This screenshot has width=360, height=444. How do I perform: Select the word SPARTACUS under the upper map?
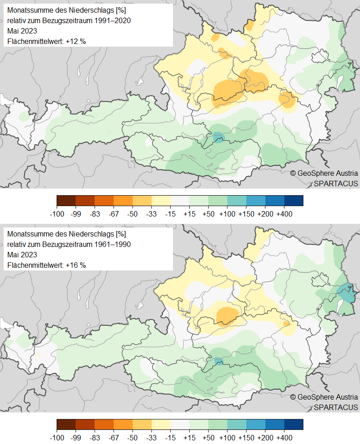tap(336, 183)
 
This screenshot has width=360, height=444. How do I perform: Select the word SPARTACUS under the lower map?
tap(336, 407)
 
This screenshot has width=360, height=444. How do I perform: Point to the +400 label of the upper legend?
tap(284, 213)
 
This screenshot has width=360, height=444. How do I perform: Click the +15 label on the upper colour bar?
tap(189, 213)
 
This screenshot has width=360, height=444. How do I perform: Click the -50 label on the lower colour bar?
tap(133, 437)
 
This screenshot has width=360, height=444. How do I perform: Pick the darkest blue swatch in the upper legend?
tap(293, 200)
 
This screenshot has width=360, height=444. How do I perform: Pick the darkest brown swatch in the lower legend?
tap(66, 424)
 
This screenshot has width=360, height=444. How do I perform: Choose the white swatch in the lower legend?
tap(180, 424)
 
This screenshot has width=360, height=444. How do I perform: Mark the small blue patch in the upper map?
tap(218, 136)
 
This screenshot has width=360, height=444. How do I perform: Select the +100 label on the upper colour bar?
tap(227, 213)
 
